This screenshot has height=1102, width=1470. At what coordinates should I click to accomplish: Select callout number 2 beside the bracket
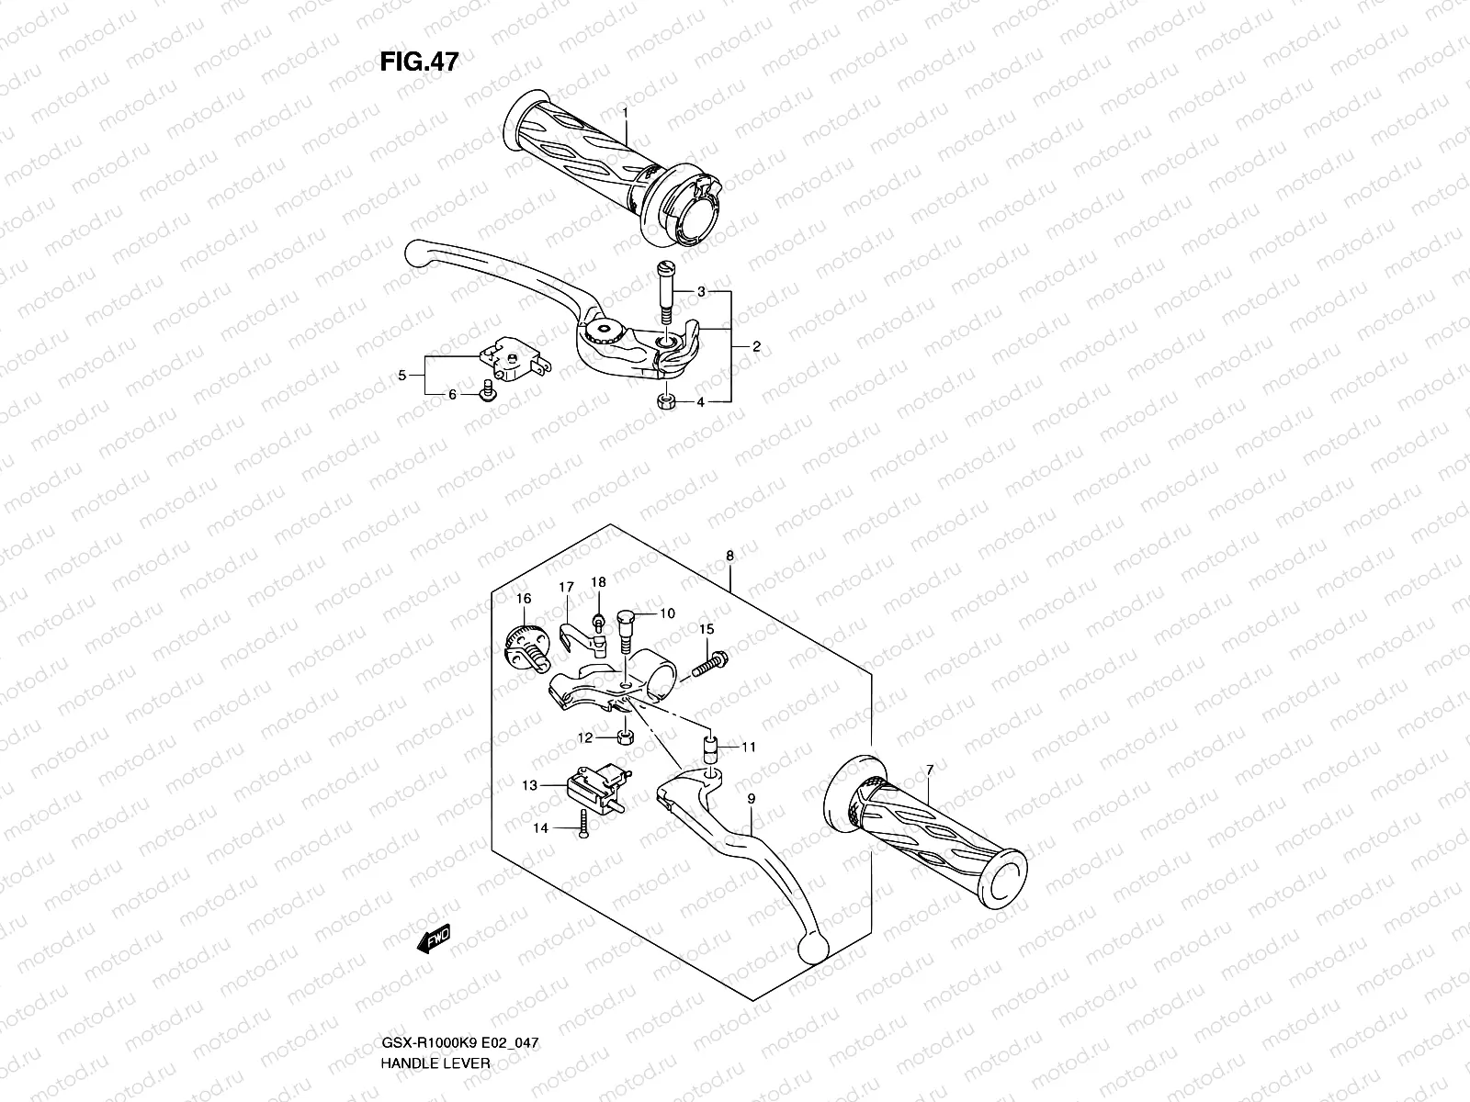coord(755,347)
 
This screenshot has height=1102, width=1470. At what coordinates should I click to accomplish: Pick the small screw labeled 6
coord(487,393)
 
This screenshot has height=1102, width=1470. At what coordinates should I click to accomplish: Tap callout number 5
coord(402,375)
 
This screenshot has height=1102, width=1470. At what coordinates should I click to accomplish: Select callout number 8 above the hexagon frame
coord(729,556)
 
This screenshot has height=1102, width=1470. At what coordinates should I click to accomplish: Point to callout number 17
coord(566,587)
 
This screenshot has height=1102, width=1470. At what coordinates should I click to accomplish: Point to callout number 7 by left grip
coord(930,768)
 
